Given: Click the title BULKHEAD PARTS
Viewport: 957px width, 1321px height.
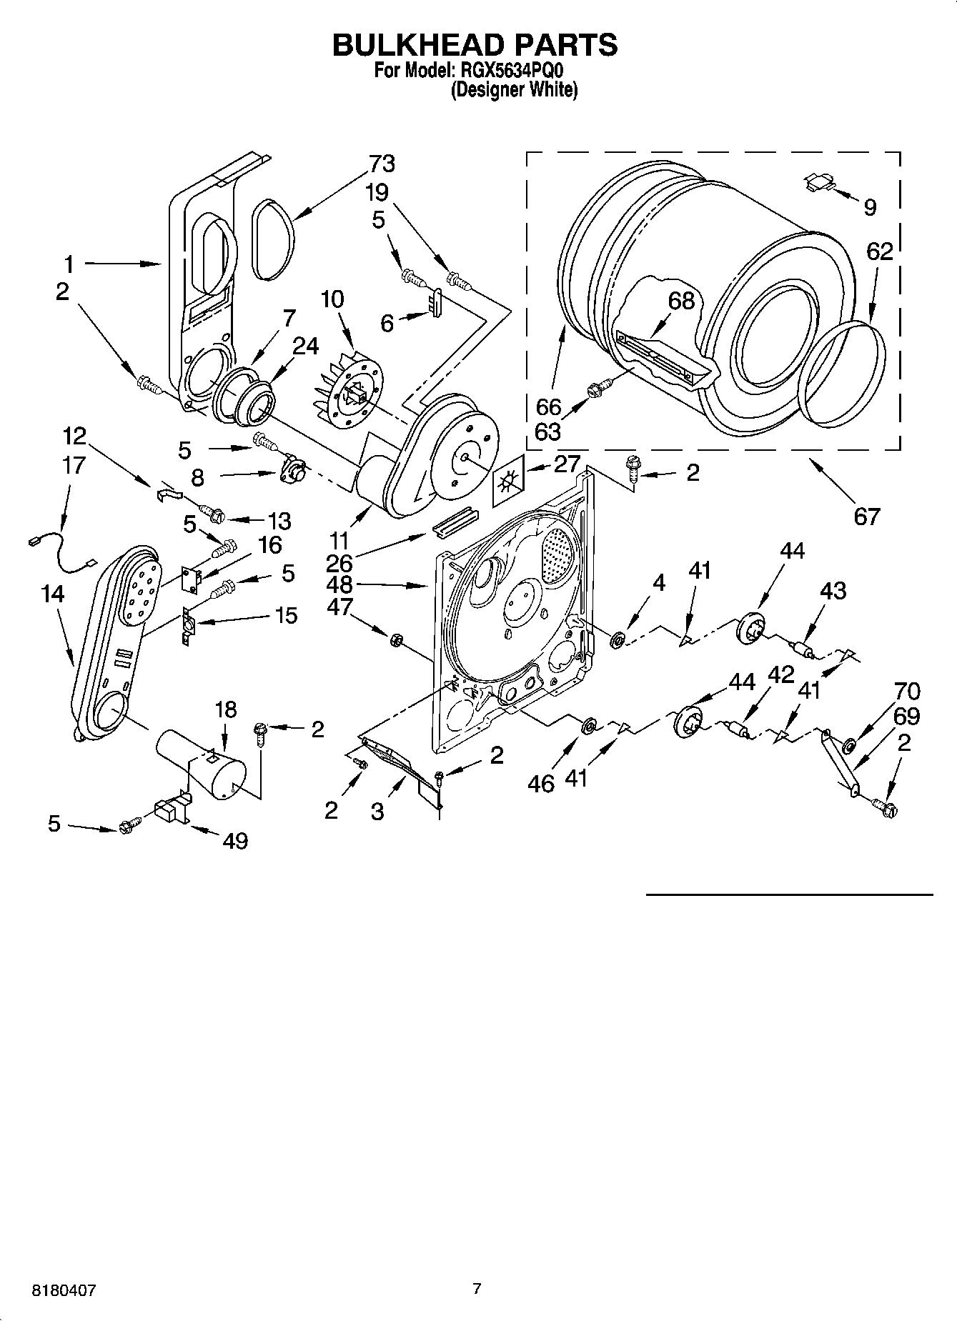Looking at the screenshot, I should (475, 44).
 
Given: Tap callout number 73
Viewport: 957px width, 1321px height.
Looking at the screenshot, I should (381, 164).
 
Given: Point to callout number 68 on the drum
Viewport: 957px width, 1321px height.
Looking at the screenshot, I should (681, 301).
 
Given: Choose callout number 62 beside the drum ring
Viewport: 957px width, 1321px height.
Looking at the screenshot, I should (879, 251).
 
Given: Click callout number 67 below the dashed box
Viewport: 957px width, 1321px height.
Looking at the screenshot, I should (866, 515).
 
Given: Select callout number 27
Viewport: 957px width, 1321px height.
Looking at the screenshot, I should (567, 464).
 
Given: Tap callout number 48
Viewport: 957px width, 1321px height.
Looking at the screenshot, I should (339, 584).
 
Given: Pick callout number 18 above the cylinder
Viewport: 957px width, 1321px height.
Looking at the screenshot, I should (225, 709).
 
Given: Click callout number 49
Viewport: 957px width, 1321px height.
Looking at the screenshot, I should (235, 841).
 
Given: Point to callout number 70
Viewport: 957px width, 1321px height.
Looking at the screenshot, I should (907, 691).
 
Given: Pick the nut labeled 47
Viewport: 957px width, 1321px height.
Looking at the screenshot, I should (394, 639).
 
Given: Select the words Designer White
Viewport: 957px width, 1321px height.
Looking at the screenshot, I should (514, 90).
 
